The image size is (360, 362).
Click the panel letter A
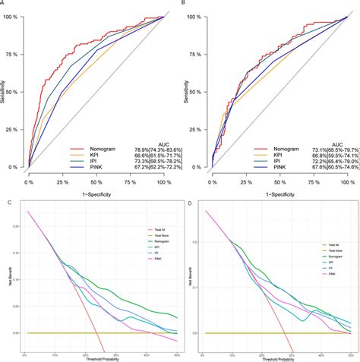point(3,4)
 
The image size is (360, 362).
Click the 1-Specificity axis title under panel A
point(95,194)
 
